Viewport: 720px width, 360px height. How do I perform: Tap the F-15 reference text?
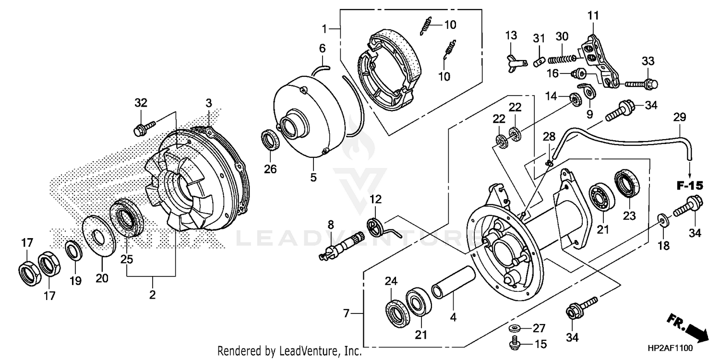(x=690, y=184)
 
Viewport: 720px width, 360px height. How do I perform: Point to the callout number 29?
(x=680, y=117)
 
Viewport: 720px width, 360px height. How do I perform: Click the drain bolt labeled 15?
(x=513, y=344)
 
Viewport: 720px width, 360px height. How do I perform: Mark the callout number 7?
(x=346, y=314)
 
